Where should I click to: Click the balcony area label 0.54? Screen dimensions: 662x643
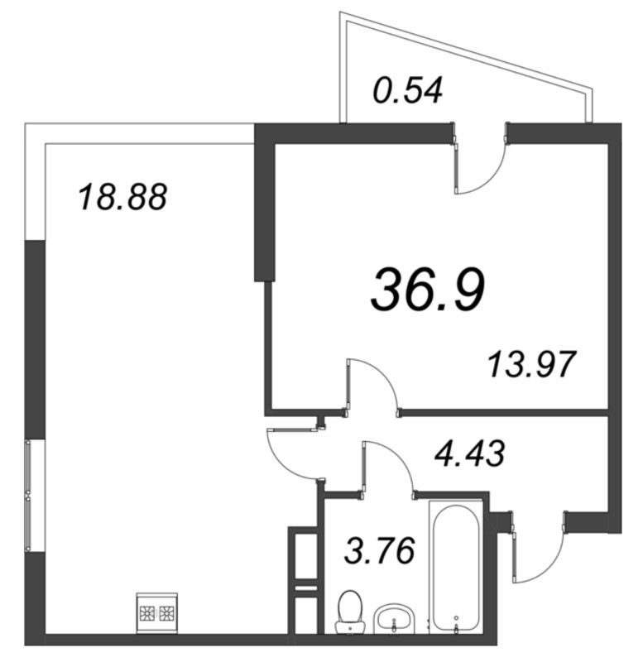(408, 89)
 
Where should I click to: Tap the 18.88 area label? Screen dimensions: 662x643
(122, 198)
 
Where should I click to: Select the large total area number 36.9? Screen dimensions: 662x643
(428, 289)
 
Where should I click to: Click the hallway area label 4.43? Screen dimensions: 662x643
(470, 453)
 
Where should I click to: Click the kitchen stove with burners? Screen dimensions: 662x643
(156, 615)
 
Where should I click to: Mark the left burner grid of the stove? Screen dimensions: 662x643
(147, 615)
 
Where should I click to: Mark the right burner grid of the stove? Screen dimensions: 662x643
(166, 615)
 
